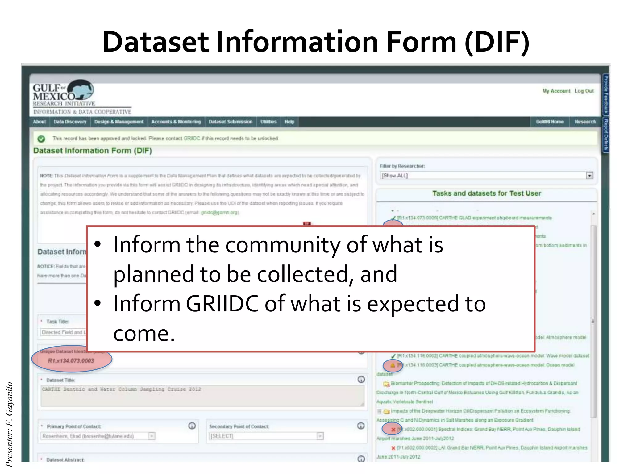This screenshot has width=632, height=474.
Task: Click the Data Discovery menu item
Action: [70, 122]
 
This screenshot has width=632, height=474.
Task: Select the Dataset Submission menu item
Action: [231, 122]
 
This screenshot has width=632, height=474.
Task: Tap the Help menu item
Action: [289, 122]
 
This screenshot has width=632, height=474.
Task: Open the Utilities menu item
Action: [268, 122]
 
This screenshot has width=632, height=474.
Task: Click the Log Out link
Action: [584, 91]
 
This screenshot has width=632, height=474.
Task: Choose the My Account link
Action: [556, 91]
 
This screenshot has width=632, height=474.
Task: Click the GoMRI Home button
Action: [550, 122]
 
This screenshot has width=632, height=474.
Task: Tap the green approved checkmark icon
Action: [41, 139]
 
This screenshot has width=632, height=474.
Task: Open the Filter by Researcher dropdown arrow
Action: [589, 176]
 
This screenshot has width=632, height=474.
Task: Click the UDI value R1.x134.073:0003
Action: [71, 361]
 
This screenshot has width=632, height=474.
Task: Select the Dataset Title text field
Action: [202, 396]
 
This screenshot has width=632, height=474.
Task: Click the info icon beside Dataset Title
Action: [361, 380]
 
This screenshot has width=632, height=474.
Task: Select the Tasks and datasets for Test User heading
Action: [486, 193]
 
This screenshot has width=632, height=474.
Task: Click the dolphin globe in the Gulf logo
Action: [81, 89]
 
